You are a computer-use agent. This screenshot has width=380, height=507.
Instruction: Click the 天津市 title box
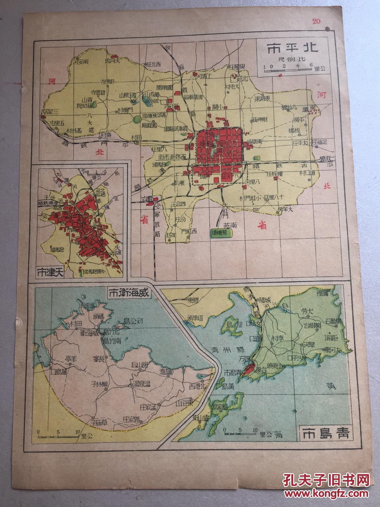(x=50, y=272)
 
